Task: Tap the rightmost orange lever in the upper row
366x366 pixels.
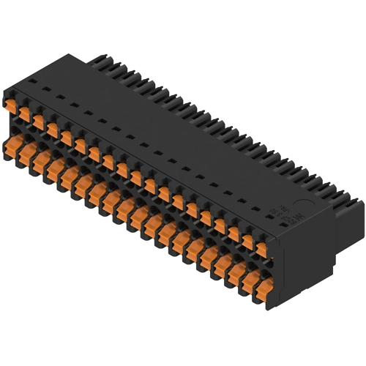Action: (261, 249)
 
